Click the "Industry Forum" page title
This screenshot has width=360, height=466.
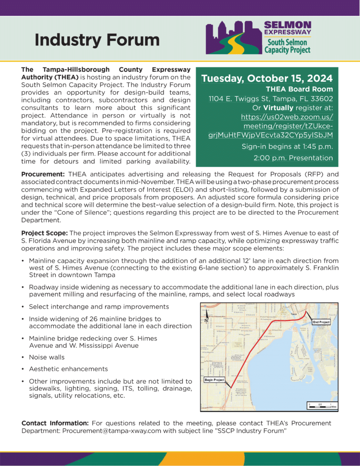(97, 40)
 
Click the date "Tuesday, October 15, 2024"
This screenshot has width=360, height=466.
(267, 78)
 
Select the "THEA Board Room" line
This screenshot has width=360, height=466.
(299, 89)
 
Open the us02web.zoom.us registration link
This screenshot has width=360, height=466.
(287, 126)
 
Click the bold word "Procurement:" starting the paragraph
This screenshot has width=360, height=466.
(44, 174)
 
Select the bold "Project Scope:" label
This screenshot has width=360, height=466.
(45, 233)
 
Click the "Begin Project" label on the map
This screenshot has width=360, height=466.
(214, 380)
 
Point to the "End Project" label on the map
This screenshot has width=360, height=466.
(321, 322)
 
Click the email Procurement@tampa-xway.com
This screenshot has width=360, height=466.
(114, 430)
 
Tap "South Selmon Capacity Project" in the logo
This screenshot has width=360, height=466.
(288, 46)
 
